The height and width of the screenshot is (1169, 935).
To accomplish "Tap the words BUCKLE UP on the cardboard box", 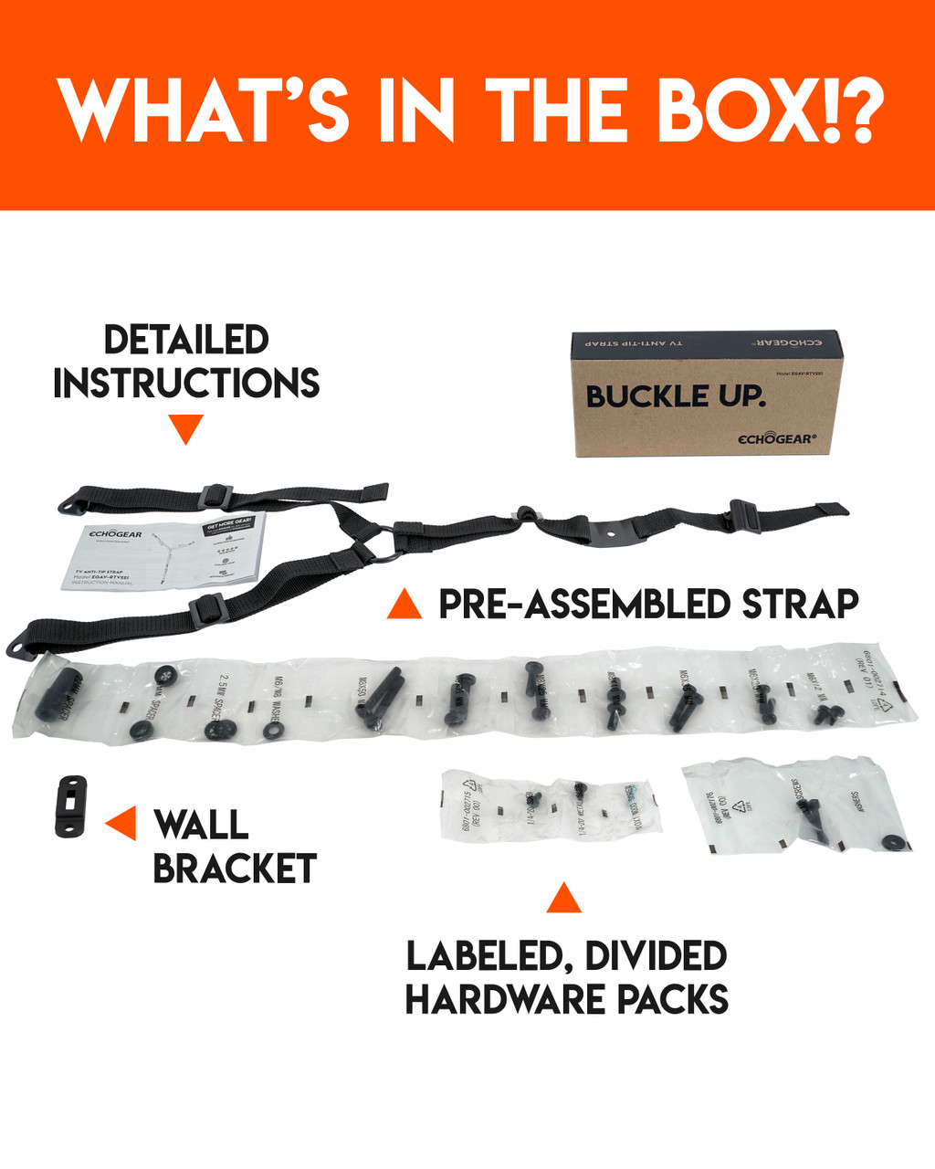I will pos(675,396).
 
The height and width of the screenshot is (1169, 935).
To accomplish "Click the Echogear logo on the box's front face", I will pos(776,438).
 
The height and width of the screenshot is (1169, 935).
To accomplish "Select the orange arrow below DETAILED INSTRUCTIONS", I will pos(186,428).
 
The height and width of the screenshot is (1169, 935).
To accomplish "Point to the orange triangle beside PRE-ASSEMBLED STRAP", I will pos(404,605).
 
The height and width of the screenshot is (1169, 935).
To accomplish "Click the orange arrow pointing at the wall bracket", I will pos(121,823).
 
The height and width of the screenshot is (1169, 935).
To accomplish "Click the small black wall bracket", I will pos(70,806).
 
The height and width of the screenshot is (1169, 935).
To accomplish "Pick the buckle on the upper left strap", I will pos(211,497).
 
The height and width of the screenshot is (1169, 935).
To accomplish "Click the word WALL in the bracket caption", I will pos(201,825).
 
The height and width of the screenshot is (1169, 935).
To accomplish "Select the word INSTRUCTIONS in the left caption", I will pos(186,384).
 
